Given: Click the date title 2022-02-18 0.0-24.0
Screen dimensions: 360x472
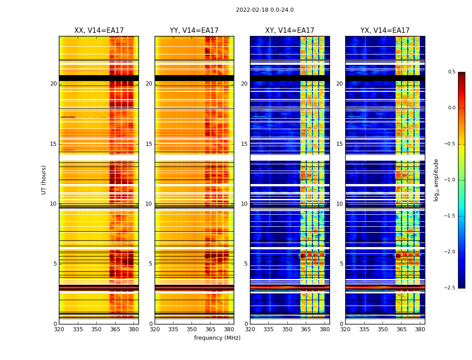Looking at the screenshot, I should pyautogui.click(x=265, y=10).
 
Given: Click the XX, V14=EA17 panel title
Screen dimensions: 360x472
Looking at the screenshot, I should pyautogui.click(x=99, y=31).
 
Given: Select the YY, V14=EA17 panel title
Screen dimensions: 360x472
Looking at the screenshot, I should pyautogui.click(x=194, y=31).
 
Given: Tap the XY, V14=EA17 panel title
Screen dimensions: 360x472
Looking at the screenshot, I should pyautogui.click(x=289, y=31).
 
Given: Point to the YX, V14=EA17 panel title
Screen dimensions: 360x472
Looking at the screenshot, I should pyautogui.click(x=385, y=31).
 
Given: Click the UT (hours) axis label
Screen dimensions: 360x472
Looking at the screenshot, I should pyautogui.click(x=44, y=180).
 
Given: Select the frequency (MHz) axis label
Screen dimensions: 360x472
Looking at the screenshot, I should pyautogui.click(x=217, y=338).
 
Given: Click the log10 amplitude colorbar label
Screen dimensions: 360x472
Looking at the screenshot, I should pyautogui.click(x=436, y=180).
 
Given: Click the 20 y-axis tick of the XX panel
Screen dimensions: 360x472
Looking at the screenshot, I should pyautogui.click(x=53, y=84).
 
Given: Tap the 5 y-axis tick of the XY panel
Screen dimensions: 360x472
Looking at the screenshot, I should pyautogui.click(x=246, y=264).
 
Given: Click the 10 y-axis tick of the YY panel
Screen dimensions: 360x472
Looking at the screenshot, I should pyautogui.click(x=149, y=204).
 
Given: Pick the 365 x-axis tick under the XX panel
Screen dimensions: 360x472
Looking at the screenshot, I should pyautogui.click(x=115, y=329).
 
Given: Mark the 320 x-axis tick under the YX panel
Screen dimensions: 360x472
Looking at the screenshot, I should pyautogui.click(x=345, y=329).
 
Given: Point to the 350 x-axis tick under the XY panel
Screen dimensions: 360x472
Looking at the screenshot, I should pyautogui.click(x=287, y=329).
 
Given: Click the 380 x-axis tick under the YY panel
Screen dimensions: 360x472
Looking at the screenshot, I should pyautogui.click(x=229, y=329).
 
